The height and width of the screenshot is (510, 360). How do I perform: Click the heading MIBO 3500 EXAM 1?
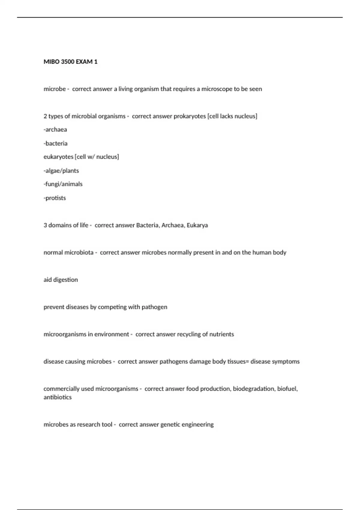(70, 62)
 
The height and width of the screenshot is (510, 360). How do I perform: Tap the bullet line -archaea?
(55, 130)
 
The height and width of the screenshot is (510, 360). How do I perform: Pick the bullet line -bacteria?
(55, 143)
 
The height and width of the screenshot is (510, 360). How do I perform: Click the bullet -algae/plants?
(61, 171)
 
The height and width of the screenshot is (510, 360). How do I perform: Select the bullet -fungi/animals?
(63, 184)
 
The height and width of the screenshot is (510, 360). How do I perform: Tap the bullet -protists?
(55, 198)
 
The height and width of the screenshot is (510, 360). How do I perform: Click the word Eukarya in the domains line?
(197, 225)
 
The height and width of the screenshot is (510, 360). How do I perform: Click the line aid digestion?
(61, 280)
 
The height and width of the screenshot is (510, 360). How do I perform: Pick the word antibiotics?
(58, 397)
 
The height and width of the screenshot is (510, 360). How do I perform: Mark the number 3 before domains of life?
(45, 225)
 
